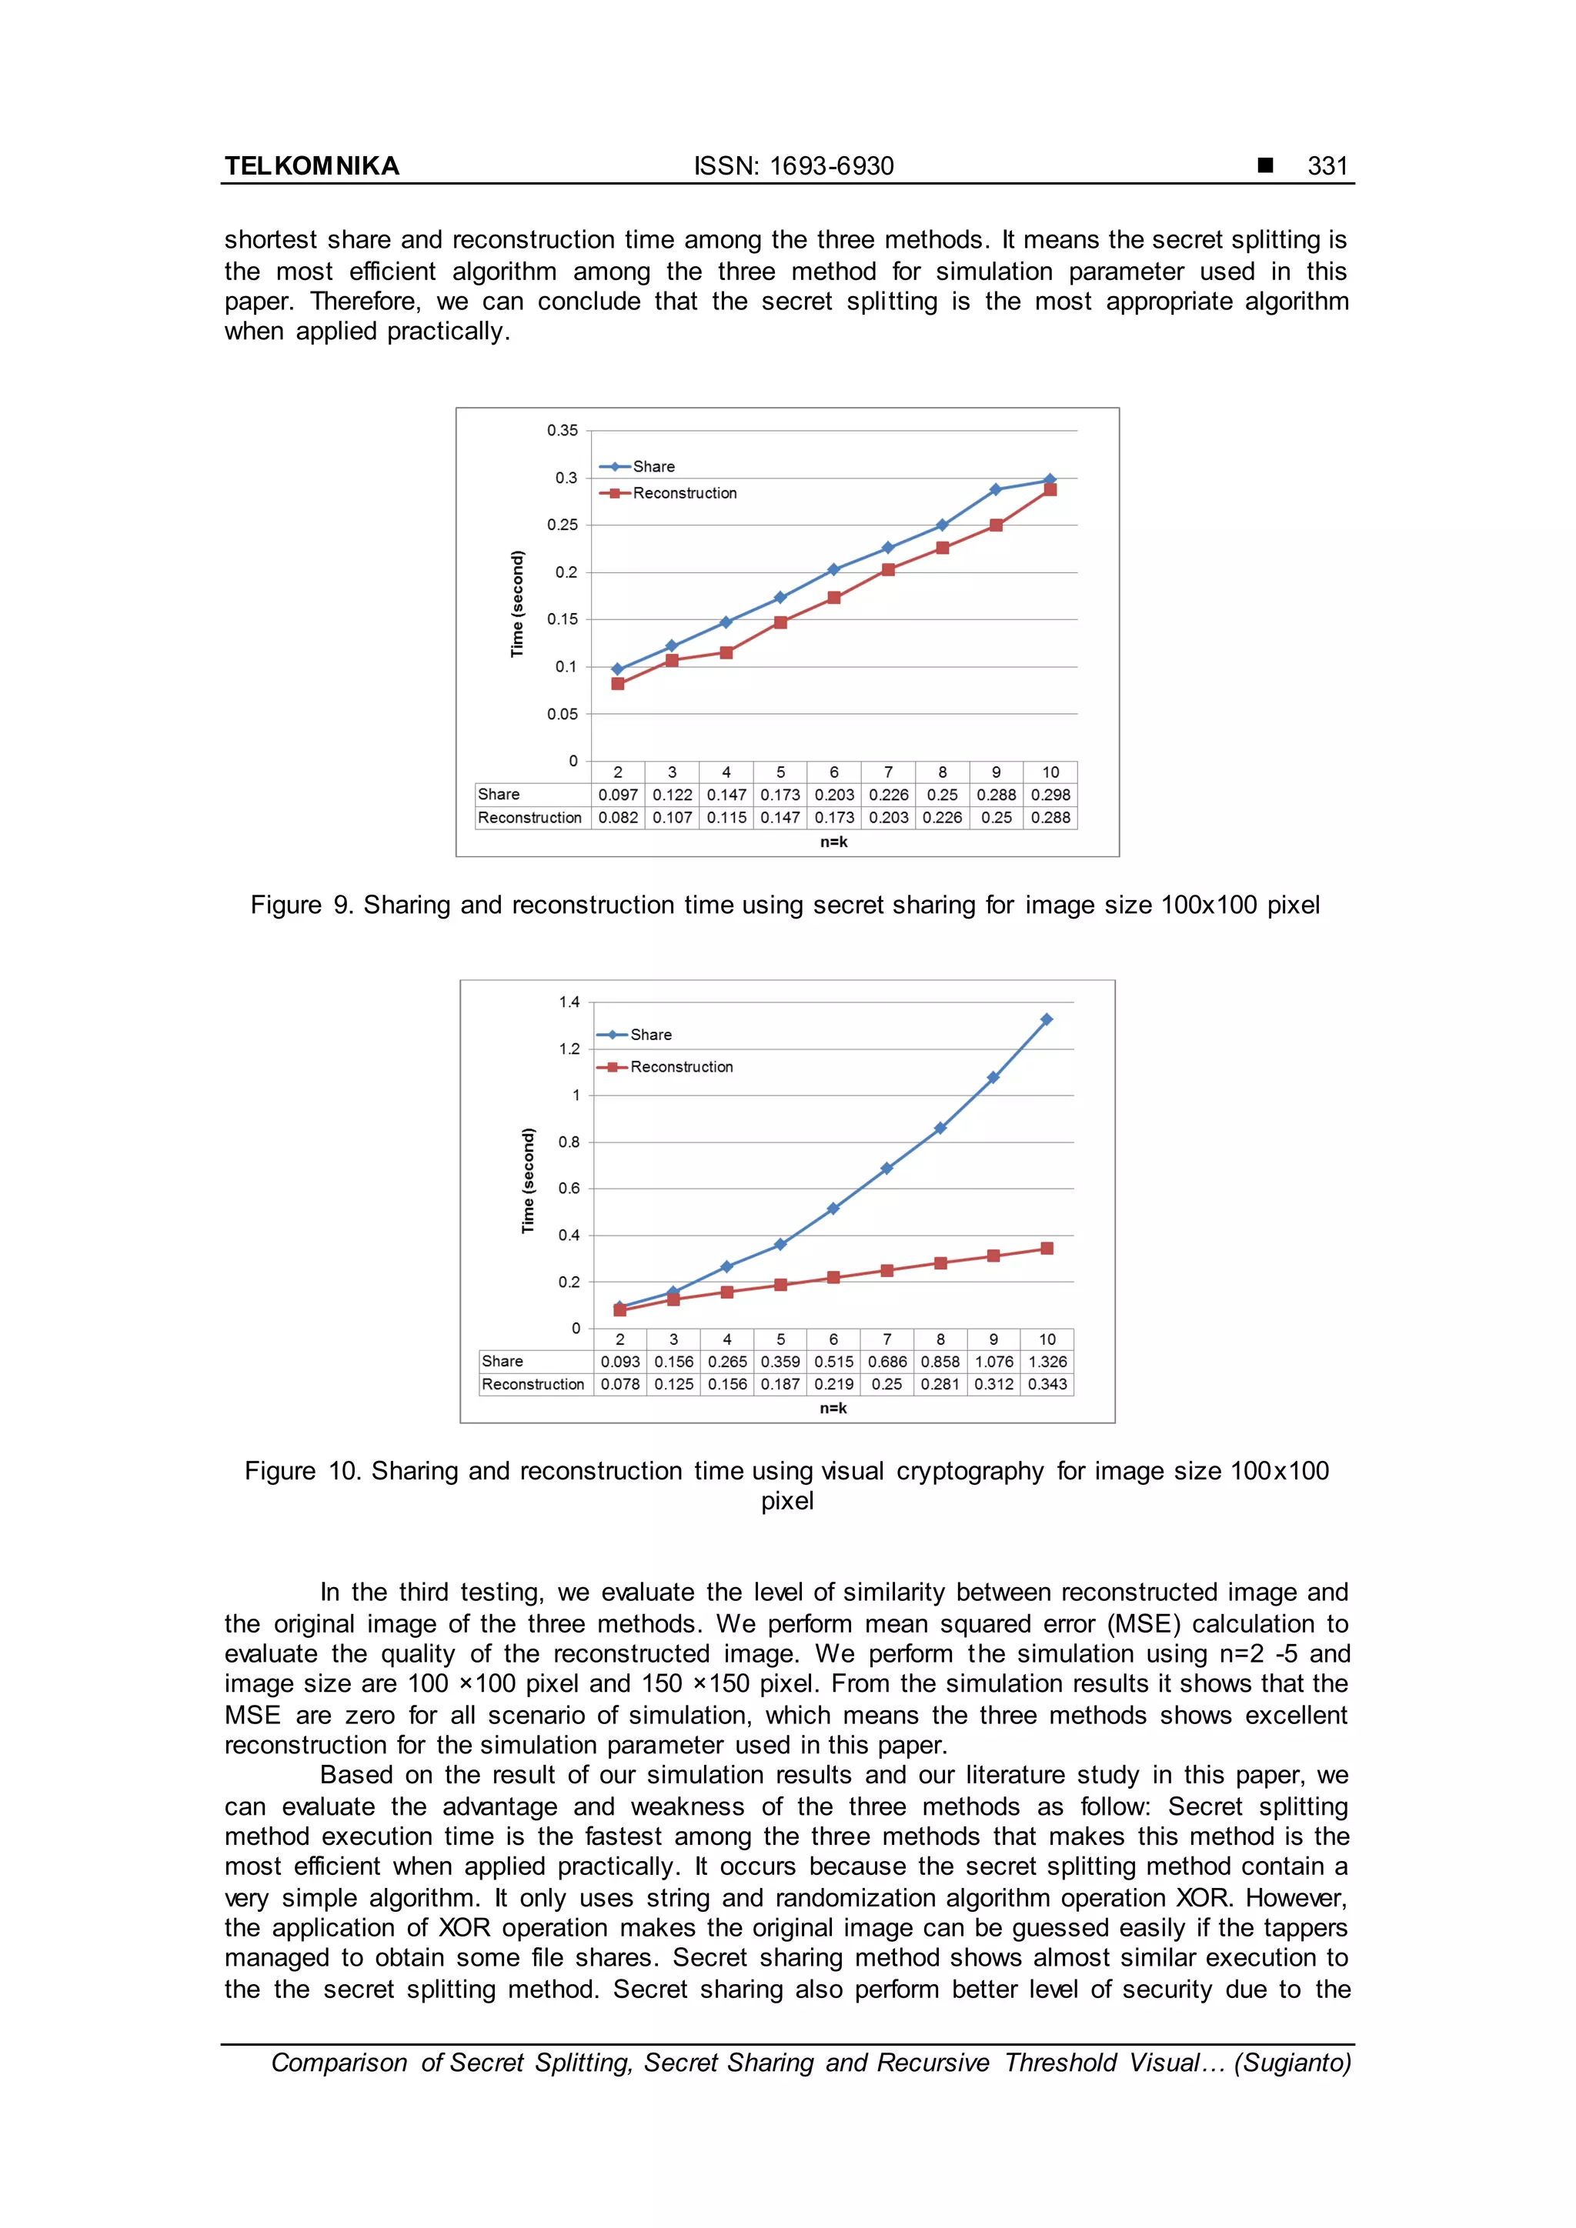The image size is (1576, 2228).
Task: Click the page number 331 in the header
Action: point(1327,166)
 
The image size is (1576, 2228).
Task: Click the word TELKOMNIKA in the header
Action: point(312,166)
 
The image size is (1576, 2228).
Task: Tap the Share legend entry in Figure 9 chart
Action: point(653,467)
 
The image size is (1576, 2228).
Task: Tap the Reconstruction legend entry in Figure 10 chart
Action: point(680,1066)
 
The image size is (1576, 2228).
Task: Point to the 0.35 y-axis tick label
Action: point(562,430)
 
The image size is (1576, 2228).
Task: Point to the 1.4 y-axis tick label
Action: point(569,1002)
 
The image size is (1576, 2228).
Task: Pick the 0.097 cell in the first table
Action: point(618,795)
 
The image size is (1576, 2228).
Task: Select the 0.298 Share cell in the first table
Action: point(1050,795)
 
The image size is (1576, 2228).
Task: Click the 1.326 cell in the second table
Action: point(1047,1362)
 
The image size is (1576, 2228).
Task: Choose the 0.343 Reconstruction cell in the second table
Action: point(1047,1384)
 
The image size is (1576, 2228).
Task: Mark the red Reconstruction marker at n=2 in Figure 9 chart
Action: point(618,684)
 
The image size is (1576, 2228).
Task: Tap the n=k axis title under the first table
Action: point(833,842)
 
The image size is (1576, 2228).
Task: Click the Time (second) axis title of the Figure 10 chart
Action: point(528,1180)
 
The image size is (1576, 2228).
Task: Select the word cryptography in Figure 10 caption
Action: point(970,1471)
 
